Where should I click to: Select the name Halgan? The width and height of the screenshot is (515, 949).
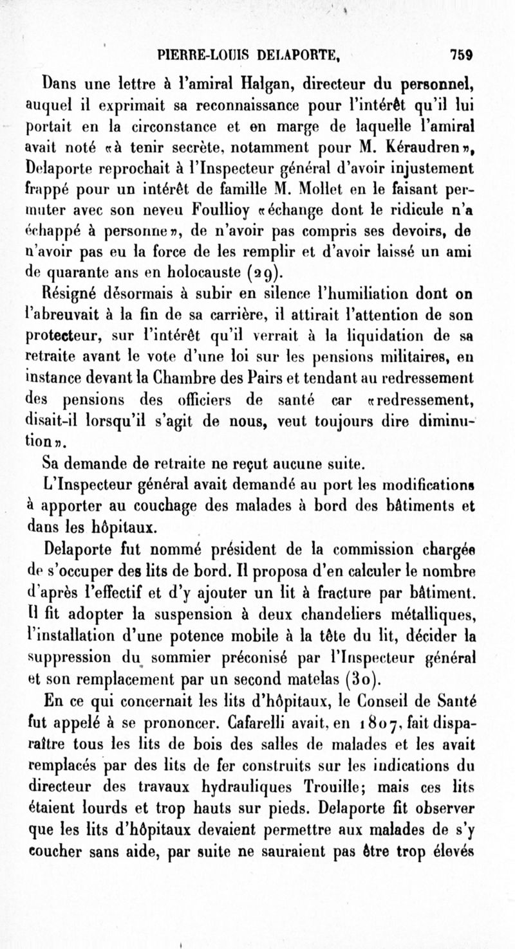click(263, 82)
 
